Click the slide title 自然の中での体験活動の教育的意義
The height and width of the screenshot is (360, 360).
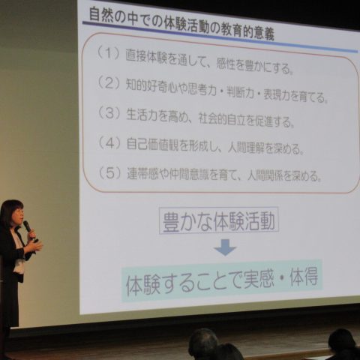[181, 25]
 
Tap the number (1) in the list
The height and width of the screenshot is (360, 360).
[109, 52]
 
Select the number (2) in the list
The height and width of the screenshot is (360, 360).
[109, 82]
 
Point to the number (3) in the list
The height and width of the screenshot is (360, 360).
[109, 112]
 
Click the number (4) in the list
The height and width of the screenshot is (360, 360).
[109, 142]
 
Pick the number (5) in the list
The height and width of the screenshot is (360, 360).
[109, 172]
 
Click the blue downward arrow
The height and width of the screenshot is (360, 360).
[225, 247]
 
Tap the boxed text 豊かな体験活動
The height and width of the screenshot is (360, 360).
[219, 221]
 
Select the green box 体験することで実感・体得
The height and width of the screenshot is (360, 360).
[222, 280]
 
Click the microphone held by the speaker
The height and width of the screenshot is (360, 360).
[27, 226]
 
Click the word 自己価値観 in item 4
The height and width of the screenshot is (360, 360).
[153, 145]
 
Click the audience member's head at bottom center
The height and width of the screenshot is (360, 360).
[203, 343]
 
